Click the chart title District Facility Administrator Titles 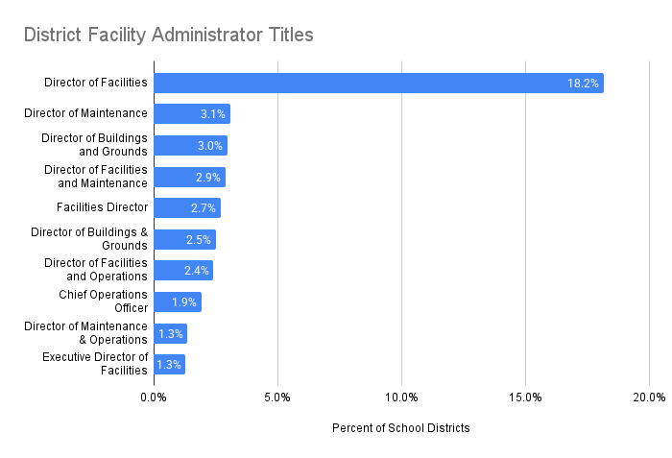point(168,36)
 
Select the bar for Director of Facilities point(378,83)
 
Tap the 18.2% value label point(583,84)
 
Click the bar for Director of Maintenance point(191,114)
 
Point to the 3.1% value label point(212,114)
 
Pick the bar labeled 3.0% point(190,146)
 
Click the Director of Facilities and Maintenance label point(96,177)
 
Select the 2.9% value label point(208,178)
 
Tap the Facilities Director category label point(103,207)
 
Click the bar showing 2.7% point(186,208)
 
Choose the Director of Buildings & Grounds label point(89,239)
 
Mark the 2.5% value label point(199,240)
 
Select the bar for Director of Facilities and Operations point(182,271)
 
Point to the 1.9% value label point(184,302)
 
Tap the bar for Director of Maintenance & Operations point(170,333)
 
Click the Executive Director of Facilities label point(95,364)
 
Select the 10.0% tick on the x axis point(401,398)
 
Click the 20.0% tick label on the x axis point(649,398)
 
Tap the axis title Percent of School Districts point(400,428)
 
